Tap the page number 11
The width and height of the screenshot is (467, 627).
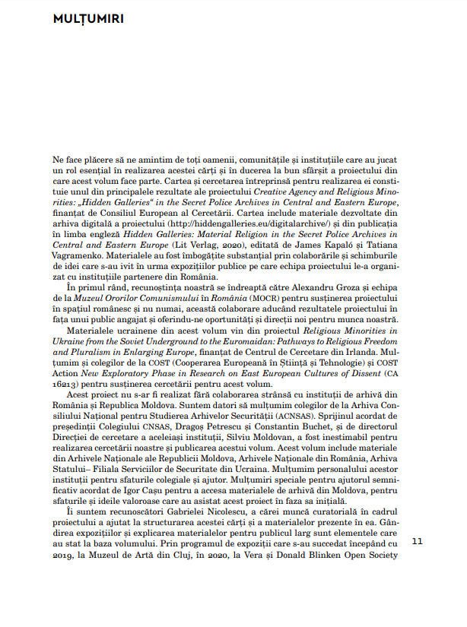[415, 563]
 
